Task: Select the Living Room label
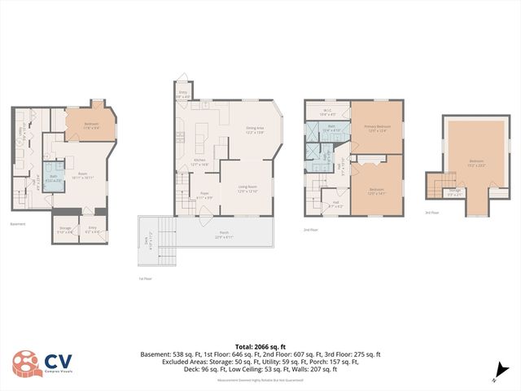(x=247, y=189)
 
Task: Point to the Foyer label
(x=205, y=195)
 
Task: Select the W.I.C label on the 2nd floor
(x=326, y=112)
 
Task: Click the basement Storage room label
(x=65, y=230)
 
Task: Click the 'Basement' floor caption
(x=18, y=224)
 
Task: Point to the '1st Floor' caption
(x=145, y=279)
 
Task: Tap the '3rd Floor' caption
(x=432, y=213)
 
